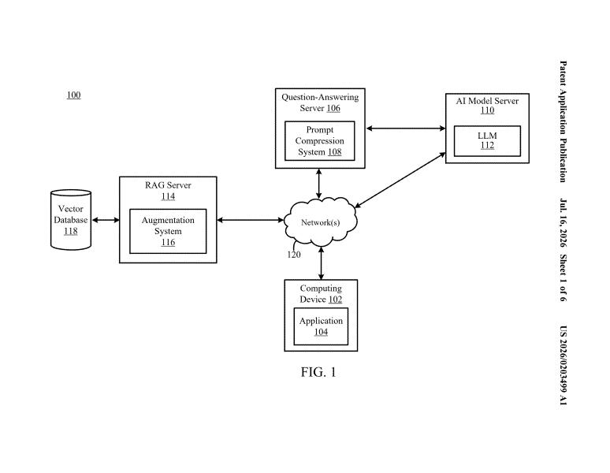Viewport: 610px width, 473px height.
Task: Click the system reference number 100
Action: pyautogui.click(x=73, y=95)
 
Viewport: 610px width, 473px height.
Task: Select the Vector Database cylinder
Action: pyautogui.click(x=71, y=220)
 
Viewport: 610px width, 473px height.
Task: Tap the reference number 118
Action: pyautogui.click(x=71, y=231)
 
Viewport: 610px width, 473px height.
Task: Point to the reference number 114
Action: pyautogui.click(x=168, y=196)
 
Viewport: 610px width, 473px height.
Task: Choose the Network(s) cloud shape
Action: pyautogui.click(x=321, y=222)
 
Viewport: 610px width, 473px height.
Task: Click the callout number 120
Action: pyautogui.click(x=294, y=255)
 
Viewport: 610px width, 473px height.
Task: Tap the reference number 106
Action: pyautogui.click(x=333, y=108)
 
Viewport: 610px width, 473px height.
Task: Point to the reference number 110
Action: pyautogui.click(x=488, y=110)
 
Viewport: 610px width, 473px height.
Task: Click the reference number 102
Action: pyautogui.click(x=335, y=300)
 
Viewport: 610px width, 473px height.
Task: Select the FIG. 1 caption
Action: pyautogui.click(x=318, y=372)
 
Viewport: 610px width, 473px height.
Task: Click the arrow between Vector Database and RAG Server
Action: pyautogui.click(x=106, y=220)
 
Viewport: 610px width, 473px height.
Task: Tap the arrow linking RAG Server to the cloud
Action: pyautogui.click(x=251, y=220)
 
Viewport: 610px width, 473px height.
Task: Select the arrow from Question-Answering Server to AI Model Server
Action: pyautogui.click(x=406, y=128)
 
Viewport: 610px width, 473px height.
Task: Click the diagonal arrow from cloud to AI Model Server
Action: pyautogui.click(x=400, y=180)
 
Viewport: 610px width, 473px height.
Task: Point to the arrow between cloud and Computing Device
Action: pyautogui.click(x=321, y=263)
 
